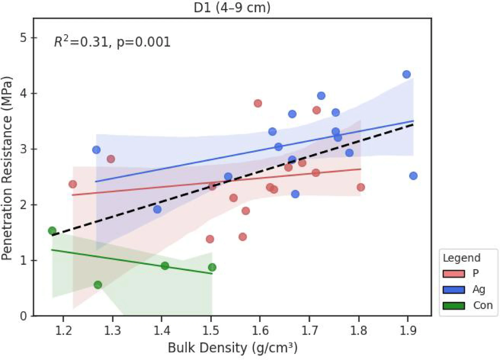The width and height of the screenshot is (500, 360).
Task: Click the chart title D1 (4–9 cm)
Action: [x=232, y=7]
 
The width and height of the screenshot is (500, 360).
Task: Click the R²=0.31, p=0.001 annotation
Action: [x=112, y=42]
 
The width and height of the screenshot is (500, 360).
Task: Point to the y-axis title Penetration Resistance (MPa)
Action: [x=7, y=168]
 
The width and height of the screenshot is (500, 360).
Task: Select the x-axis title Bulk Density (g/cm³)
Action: [x=233, y=348]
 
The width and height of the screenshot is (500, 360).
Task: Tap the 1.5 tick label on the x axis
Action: [x=211, y=331]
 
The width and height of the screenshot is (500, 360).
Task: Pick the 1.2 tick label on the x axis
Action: [x=63, y=331]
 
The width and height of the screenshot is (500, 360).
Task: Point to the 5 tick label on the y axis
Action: [x=24, y=38]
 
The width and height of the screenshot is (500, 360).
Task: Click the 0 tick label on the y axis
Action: [x=24, y=316]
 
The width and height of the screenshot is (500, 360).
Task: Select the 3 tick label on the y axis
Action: [x=24, y=149]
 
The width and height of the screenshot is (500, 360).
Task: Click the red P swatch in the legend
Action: [x=454, y=273]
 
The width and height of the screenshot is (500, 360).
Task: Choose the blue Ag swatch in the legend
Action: [x=454, y=290]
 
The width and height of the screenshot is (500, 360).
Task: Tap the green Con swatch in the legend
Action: [x=454, y=306]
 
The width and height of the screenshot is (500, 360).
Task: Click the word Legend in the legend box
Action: [x=462, y=258]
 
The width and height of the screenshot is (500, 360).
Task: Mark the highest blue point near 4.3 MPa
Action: [x=406, y=74]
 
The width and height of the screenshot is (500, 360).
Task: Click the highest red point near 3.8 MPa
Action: [x=258, y=103]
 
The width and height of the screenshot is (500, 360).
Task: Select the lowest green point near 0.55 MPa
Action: [x=98, y=285]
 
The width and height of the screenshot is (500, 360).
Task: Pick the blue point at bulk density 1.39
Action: [x=157, y=209]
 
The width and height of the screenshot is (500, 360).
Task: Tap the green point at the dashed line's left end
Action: [x=52, y=231]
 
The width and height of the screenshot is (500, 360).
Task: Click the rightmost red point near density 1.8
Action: [x=361, y=187]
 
